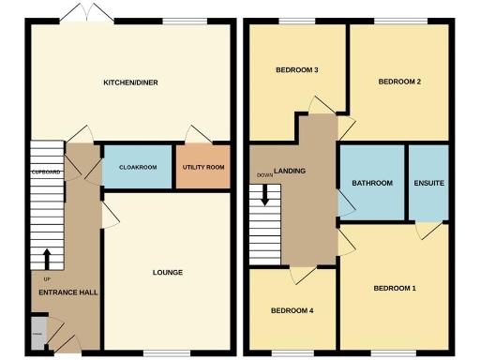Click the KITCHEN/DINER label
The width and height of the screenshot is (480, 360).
[130, 82]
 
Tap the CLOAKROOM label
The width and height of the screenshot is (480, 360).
[137, 167]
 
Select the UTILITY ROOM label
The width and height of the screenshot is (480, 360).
[203, 167]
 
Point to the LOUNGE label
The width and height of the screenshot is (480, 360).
[167, 273]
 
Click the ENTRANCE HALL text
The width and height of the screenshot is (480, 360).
[67, 292]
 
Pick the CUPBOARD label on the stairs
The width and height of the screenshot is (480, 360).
[46, 172]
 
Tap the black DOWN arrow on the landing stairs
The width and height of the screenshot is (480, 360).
[265, 195]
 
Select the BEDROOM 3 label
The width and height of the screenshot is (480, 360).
[296, 70]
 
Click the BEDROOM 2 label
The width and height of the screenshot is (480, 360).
[398, 82]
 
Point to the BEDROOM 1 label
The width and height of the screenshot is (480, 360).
[394, 288]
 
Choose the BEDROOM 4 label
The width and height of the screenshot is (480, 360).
[292, 310]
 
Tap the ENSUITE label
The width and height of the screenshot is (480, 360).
[428, 183]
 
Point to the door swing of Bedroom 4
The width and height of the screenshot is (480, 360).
[301, 273]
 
